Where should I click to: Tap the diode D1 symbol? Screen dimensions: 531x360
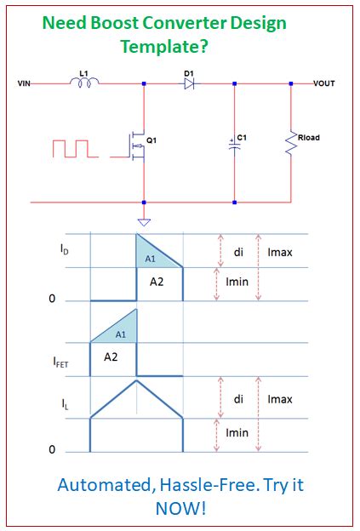tap(189, 83)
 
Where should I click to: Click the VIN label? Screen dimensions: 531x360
tap(24, 84)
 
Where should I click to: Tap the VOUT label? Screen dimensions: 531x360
tap(325, 83)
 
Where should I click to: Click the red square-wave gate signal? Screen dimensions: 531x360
tap(77, 148)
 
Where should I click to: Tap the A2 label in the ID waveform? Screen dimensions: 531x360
tap(157, 282)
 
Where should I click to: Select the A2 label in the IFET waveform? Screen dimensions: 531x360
tap(111, 357)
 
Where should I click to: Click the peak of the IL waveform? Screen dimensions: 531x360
tap(136, 380)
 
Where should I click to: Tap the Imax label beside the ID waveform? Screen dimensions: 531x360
tap(280, 253)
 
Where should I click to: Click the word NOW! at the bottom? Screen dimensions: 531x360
tap(180, 508)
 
